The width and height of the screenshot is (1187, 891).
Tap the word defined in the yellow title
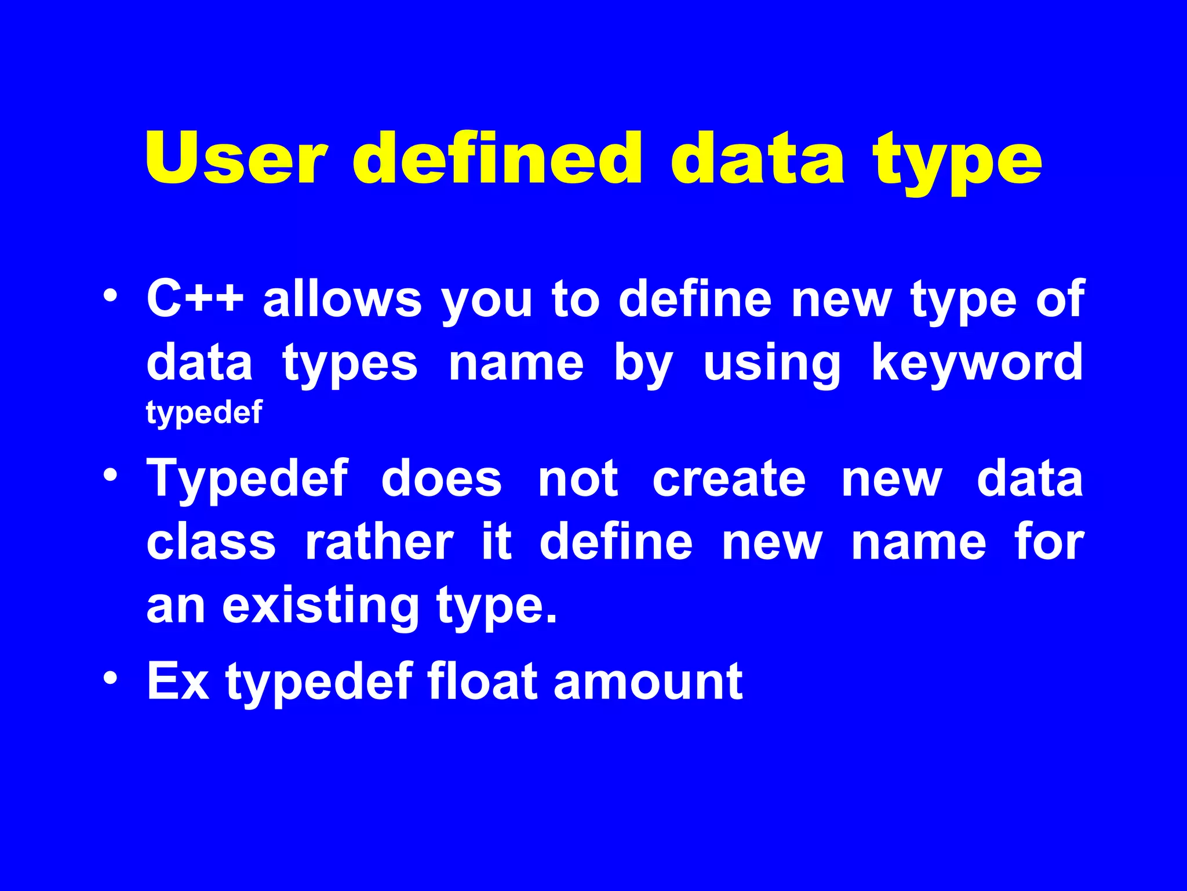(497, 158)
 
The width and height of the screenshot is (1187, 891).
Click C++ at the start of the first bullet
(195, 299)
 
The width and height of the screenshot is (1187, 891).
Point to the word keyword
(977, 363)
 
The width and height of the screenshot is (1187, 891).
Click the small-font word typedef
(204, 413)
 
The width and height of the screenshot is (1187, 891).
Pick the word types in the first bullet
(349, 364)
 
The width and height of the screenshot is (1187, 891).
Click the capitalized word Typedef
(247, 479)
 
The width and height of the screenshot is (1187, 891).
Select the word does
(441, 479)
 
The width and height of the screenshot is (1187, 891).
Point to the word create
(729, 479)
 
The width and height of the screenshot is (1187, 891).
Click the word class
(211, 542)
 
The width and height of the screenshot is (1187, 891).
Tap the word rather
(379, 542)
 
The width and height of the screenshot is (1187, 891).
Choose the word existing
(321, 607)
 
